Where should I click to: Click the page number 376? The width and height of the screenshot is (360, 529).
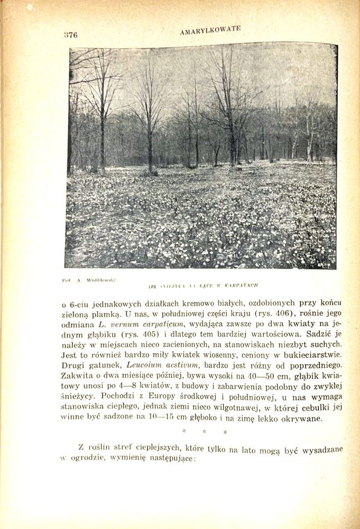(x=70, y=35)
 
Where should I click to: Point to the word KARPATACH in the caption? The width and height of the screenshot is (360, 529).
(x=239, y=285)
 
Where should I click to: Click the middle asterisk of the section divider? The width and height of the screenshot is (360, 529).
(x=205, y=432)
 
